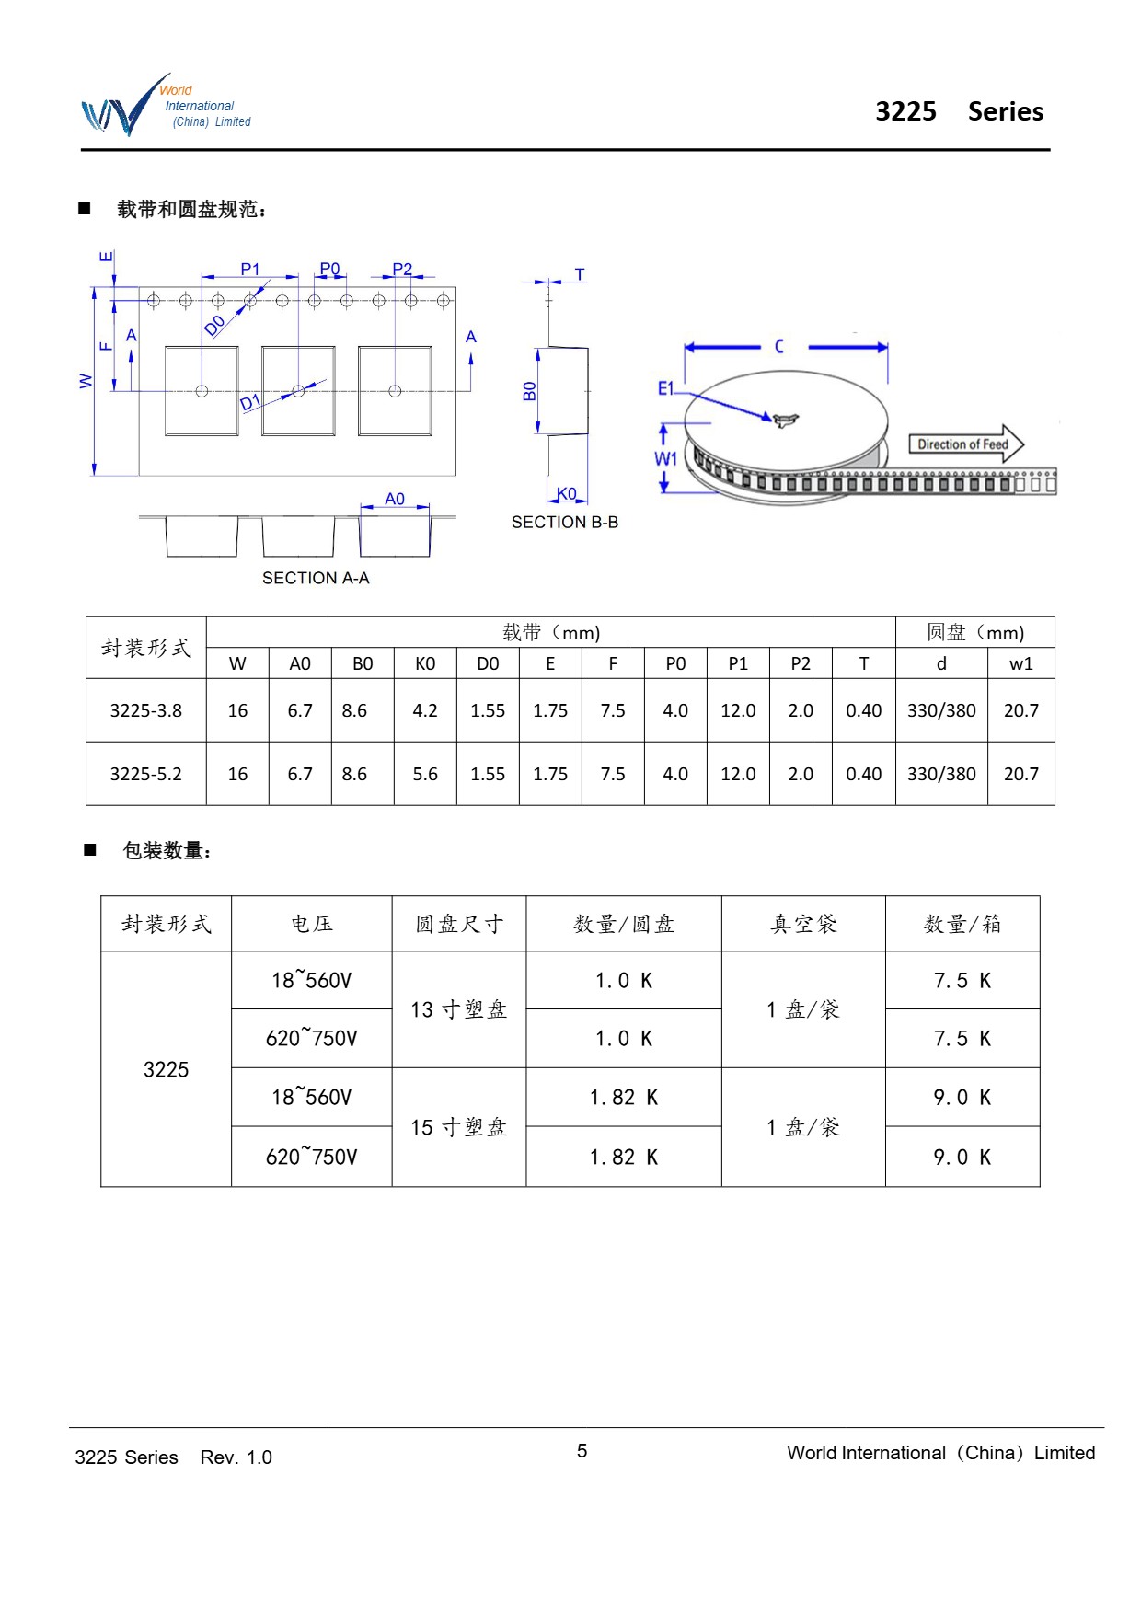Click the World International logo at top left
pyautogui.click(x=166, y=107)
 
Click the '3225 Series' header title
pyautogui.click(x=959, y=111)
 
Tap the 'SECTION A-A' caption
pyautogui.click(x=316, y=578)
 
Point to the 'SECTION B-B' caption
pyautogui.click(x=564, y=522)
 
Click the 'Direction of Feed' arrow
pyautogui.click(x=965, y=444)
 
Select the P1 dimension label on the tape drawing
pyautogui.click(x=250, y=269)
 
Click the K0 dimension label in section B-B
pyautogui.click(x=567, y=494)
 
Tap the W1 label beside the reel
pyautogui.click(x=665, y=458)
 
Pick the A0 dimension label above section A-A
pyautogui.click(x=395, y=499)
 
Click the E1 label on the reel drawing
pyautogui.click(x=666, y=388)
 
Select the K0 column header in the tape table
pyautogui.click(x=425, y=663)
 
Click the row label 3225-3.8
pyautogui.click(x=145, y=710)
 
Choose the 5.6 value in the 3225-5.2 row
pyautogui.click(x=425, y=774)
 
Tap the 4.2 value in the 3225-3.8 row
pyautogui.click(x=425, y=710)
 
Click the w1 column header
pyautogui.click(x=1020, y=663)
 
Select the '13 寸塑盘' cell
pyautogui.click(x=458, y=1009)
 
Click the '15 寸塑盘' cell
pyautogui.click(x=458, y=1127)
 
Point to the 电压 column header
pyautogui.click(x=311, y=924)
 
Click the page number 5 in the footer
pyautogui.click(x=582, y=1451)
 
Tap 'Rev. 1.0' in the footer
pyautogui.click(x=236, y=1457)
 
